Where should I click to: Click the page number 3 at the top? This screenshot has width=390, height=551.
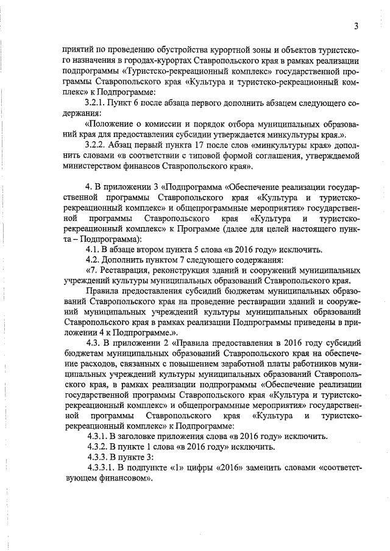coord(355,26)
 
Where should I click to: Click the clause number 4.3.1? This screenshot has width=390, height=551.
coord(99,436)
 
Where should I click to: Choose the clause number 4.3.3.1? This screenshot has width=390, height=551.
coord(103,467)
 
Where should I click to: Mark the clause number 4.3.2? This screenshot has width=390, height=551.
coord(99,446)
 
